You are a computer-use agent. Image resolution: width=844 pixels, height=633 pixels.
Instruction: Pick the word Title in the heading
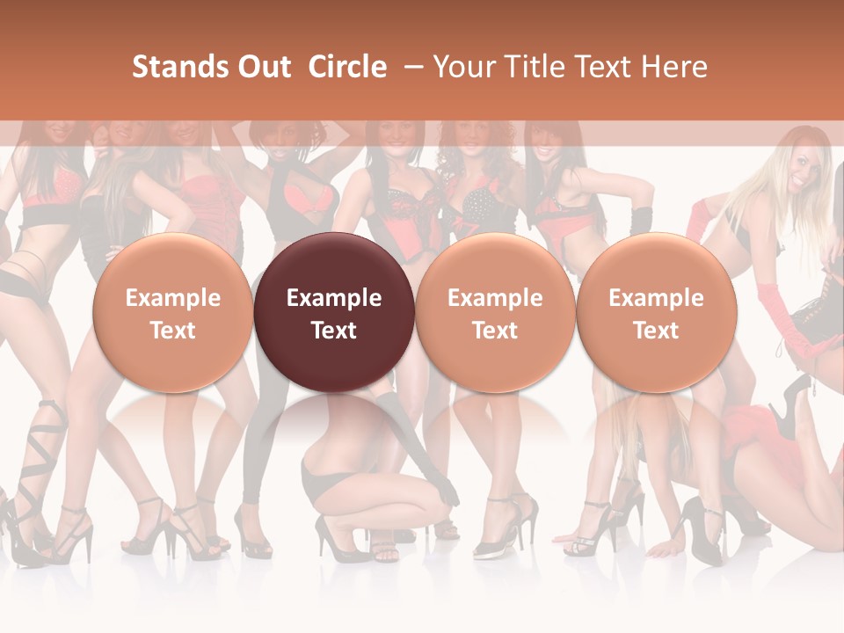[528, 67]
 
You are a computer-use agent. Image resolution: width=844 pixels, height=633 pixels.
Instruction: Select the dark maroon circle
[334, 312]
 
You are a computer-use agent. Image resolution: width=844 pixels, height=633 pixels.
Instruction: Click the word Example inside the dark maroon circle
[334, 298]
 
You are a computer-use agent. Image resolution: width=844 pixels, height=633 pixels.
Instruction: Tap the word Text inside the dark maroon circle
[334, 331]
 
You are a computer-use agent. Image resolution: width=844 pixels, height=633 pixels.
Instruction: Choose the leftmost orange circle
[173, 312]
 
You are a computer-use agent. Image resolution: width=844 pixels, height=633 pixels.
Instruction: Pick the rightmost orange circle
[657, 312]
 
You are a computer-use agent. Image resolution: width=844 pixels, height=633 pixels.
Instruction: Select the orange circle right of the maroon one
[495, 312]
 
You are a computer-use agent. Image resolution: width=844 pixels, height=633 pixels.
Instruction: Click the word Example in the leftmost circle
[173, 298]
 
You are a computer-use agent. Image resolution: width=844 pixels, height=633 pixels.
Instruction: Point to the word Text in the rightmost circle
[657, 331]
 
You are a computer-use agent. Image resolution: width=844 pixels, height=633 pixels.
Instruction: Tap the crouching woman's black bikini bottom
[325, 479]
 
